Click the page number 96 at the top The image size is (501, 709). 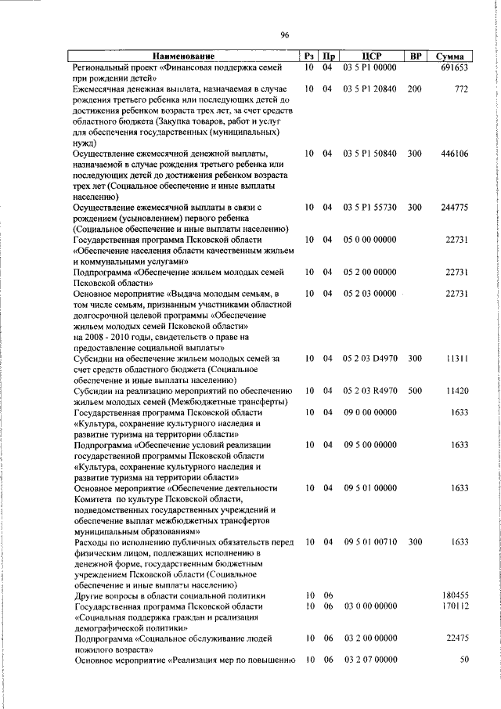click(285, 34)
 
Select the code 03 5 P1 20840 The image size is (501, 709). click(370, 89)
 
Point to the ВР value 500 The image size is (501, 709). click(415, 389)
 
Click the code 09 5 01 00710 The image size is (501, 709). click(370, 541)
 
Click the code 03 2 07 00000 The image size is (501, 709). click(370, 660)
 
